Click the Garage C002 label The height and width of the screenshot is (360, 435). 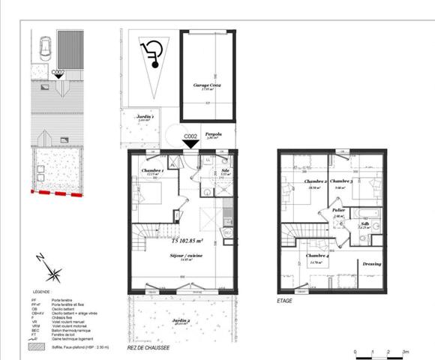click(206, 86)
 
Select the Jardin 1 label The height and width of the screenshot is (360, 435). click(145, 118)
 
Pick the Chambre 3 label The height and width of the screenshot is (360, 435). click(341, 181)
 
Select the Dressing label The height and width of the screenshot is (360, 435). click(371, 263)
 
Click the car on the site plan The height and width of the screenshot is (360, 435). click(44, 51)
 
